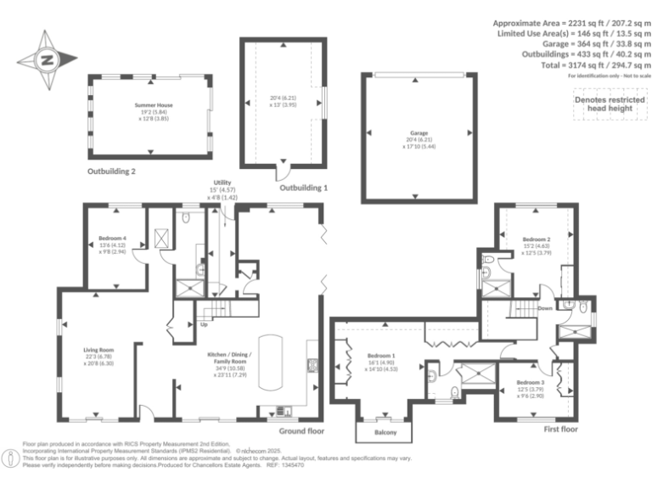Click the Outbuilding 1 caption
pos(303,188)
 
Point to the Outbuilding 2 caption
pos(111,171)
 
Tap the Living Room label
pos(99,350)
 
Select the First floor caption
pos(562,430)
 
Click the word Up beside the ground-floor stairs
pos(203,323)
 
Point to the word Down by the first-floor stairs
pos(545,308)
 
